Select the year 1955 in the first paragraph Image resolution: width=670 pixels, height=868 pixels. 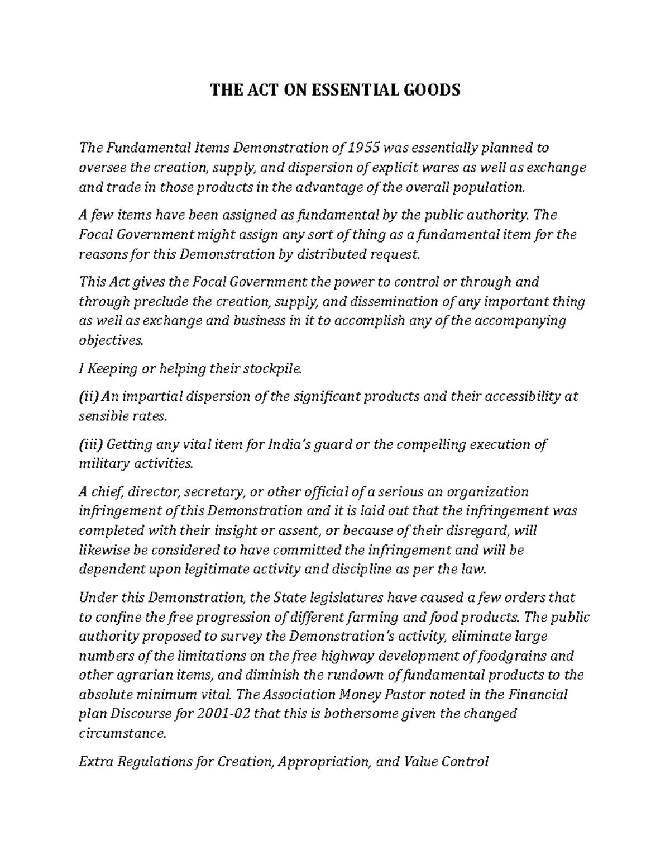tap(366, 148)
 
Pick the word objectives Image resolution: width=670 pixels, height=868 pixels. tap(111, 341)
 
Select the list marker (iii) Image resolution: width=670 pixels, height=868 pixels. tap(92, 445)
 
